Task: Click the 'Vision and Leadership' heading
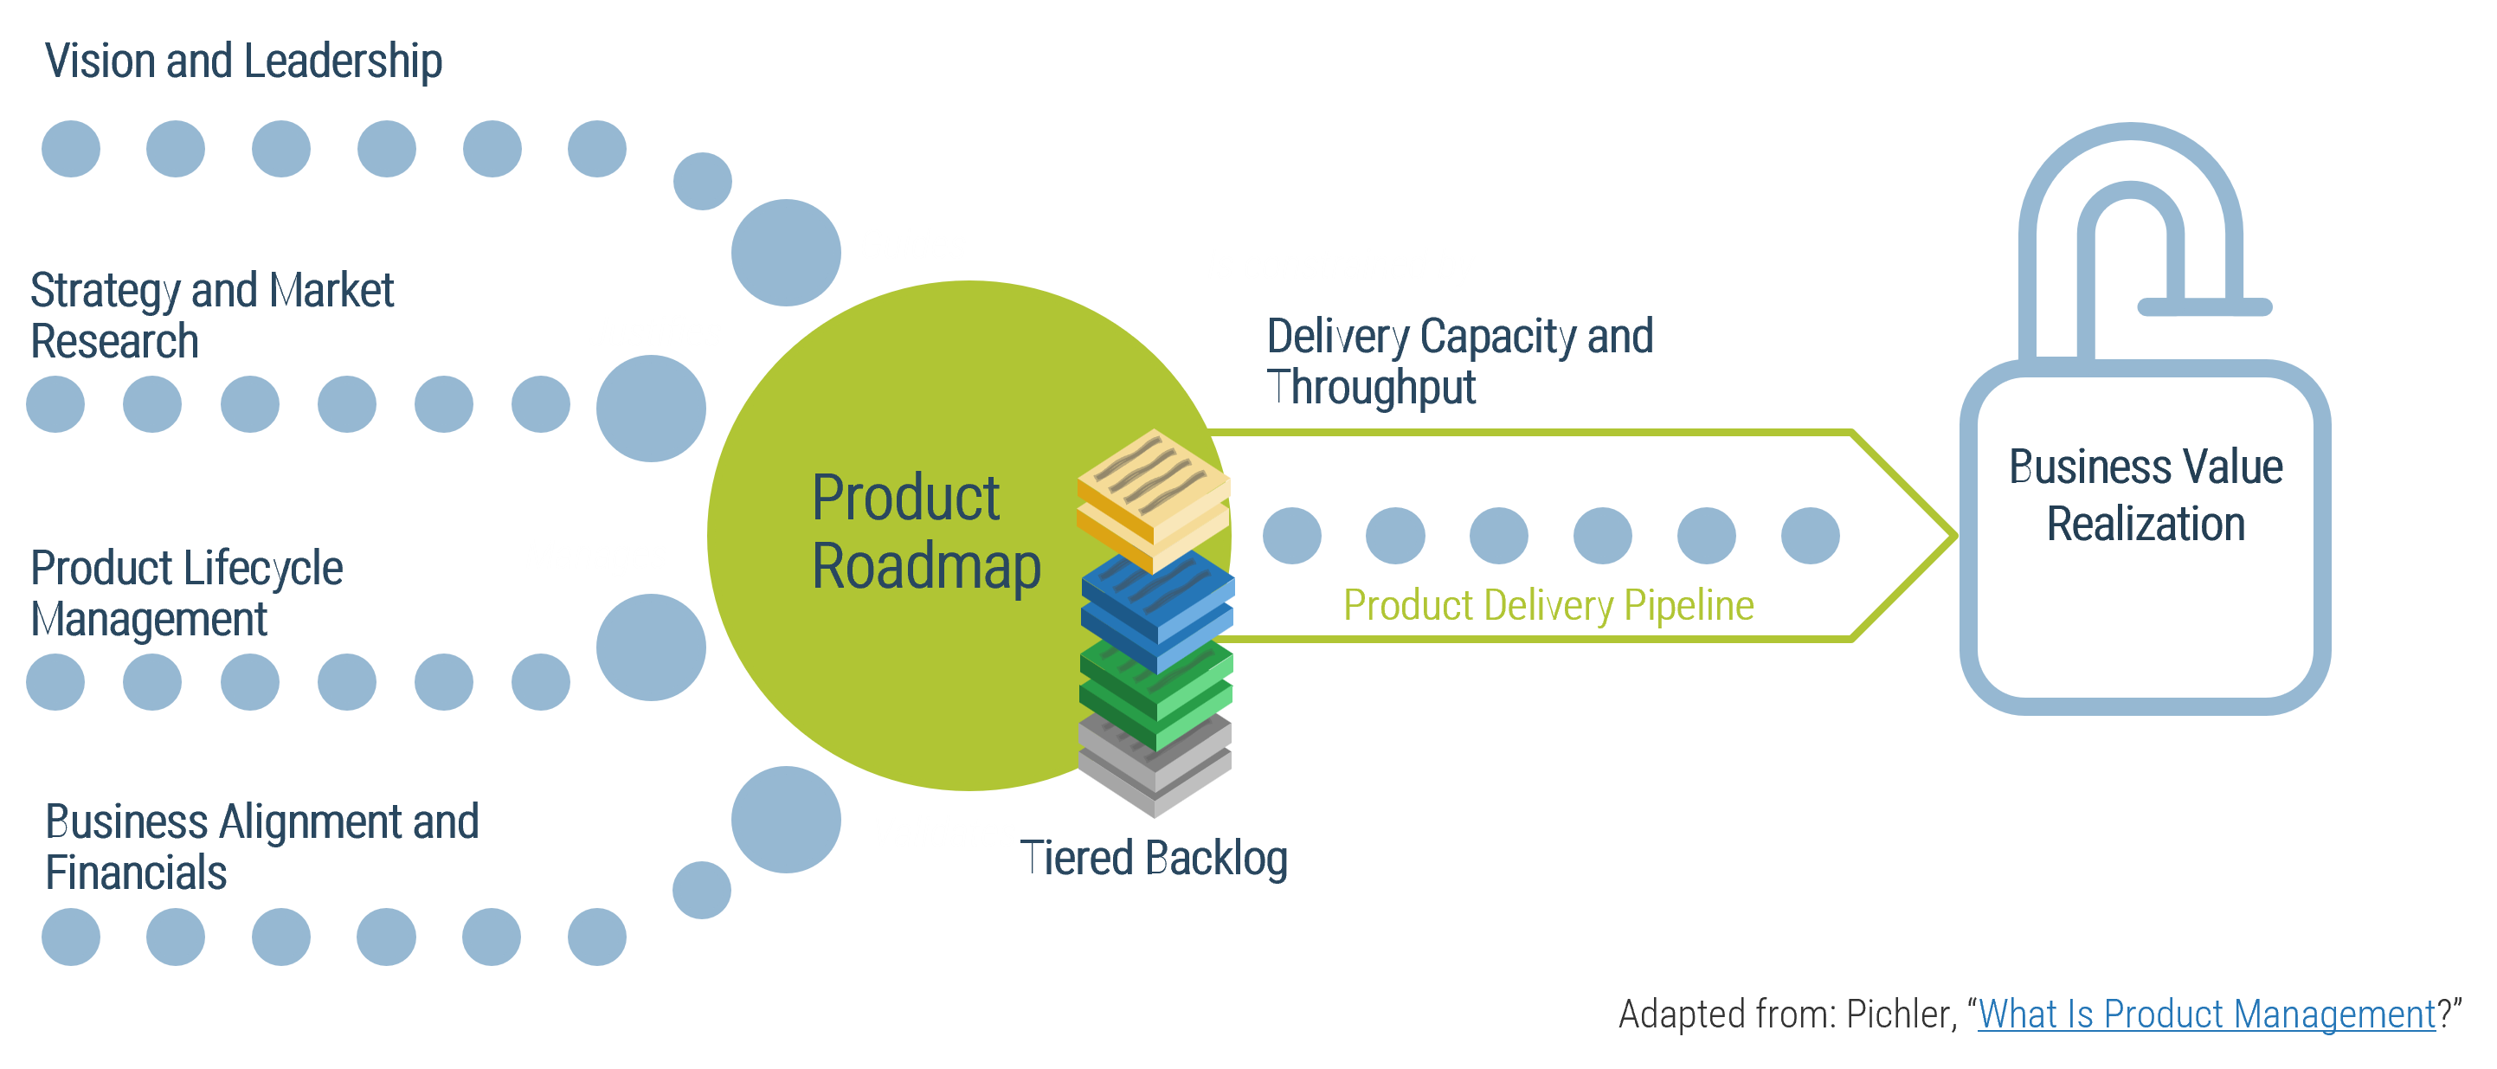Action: pos(243,61)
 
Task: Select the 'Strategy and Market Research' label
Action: pos(211,316)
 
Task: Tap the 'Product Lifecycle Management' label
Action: pos(186,593)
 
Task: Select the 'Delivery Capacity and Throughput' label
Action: pos(1459,362)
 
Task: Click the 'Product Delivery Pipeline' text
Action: pos(1548,606)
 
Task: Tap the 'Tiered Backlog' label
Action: pos(1154,859)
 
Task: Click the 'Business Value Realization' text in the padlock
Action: pos(2145,495)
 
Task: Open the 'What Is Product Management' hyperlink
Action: pos(2206,1014)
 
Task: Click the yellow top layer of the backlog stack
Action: pos(1154,475)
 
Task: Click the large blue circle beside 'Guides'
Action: pos(785,252)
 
